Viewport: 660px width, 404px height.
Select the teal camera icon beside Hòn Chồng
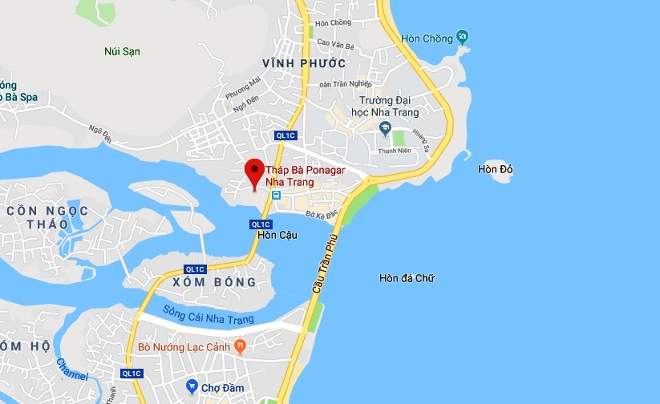[x=461, y=37]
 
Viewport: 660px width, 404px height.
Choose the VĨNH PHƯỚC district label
[x=304, y=63]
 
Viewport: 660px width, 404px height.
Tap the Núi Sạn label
[x=122, y=51]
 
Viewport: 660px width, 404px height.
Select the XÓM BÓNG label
[x=214, y=282]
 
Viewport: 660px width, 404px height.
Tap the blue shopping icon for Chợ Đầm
[x=192, y=386]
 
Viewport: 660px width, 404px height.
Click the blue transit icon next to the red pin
[x=276, y=196]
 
